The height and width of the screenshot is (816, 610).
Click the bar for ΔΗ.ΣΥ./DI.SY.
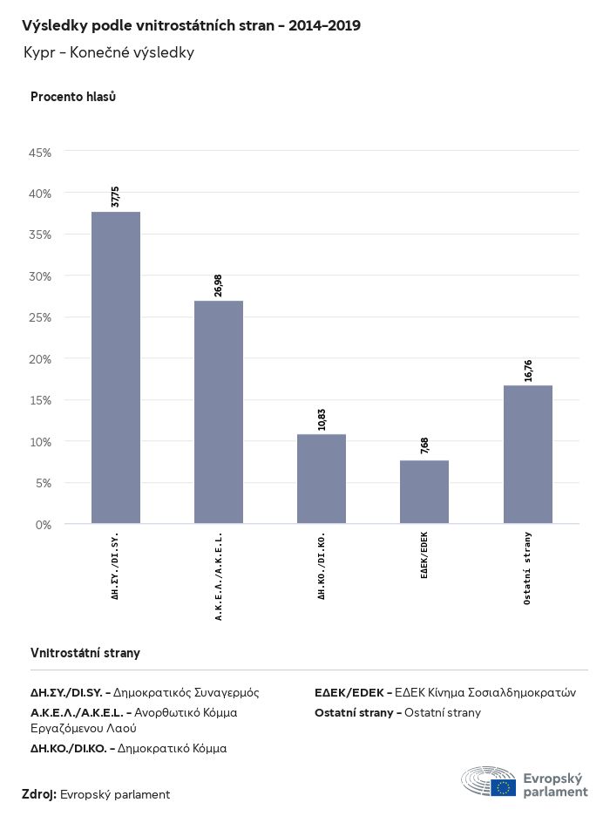click(116, 367)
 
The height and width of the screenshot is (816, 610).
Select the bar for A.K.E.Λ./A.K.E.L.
click(219, 411)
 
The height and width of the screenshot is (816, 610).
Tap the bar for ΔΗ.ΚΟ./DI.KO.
click(322, 479)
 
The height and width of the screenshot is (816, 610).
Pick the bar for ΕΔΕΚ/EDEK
click(424, 492)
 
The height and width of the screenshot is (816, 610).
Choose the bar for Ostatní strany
click(527, 454)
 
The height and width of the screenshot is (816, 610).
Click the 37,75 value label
click(115, 196)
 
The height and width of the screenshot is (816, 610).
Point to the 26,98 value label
click(218, 285)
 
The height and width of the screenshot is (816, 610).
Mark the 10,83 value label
click(322, 418)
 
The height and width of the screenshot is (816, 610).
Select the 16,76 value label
click(527, 370)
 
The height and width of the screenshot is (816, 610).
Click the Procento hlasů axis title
click(73, 97)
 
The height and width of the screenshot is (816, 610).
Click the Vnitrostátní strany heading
click(85, 653)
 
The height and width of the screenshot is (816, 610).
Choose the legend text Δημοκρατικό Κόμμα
click(172, 748)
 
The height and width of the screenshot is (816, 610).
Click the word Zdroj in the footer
click(39, 794)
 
